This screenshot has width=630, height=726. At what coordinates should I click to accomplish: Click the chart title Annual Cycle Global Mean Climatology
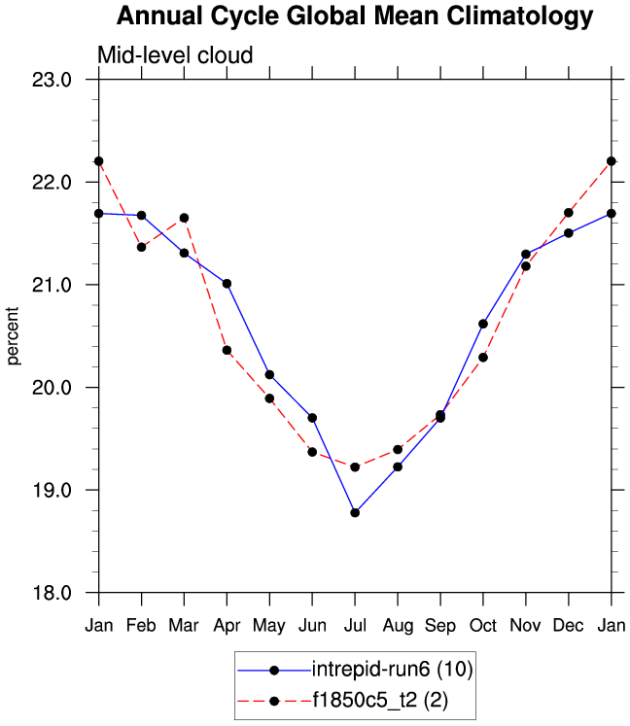354,17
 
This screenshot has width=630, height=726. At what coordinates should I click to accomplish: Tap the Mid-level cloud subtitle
175,55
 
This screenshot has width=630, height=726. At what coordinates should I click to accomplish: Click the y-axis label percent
14,336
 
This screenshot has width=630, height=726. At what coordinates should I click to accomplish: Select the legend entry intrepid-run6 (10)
392,669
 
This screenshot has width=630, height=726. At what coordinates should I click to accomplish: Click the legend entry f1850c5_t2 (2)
380,700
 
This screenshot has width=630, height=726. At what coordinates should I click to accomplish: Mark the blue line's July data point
355,512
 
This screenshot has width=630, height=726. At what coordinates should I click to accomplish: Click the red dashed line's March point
184,218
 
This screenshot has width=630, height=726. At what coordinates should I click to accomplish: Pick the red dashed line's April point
227,350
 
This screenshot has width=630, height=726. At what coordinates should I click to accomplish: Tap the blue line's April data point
227,284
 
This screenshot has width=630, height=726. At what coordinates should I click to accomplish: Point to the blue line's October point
483,324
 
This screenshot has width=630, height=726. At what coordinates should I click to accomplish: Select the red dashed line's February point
141,247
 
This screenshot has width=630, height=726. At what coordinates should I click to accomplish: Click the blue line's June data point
312,418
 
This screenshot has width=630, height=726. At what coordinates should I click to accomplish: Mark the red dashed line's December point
568,213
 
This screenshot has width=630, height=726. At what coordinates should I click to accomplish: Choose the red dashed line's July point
355,467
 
